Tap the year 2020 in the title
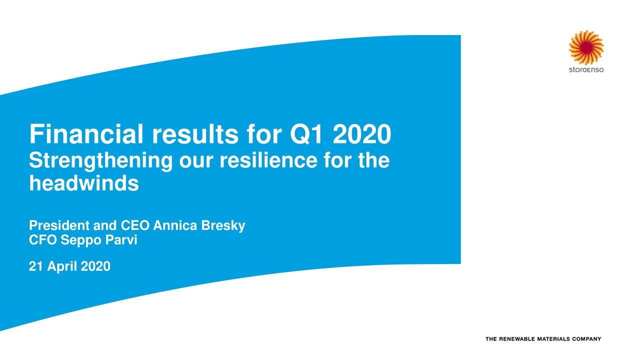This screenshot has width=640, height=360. click(361, 134)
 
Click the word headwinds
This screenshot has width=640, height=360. click(83, 184)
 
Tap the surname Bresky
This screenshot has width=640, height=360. click(223, 226)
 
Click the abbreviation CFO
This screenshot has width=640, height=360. click(43, 240)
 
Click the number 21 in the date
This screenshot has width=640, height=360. click(35, 267)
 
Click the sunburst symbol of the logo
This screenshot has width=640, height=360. click(586, 47)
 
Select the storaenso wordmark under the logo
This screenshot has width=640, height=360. click(586, 69)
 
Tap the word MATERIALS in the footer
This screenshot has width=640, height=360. click(556, 339)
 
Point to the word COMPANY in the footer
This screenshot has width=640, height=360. click(587, 339)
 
